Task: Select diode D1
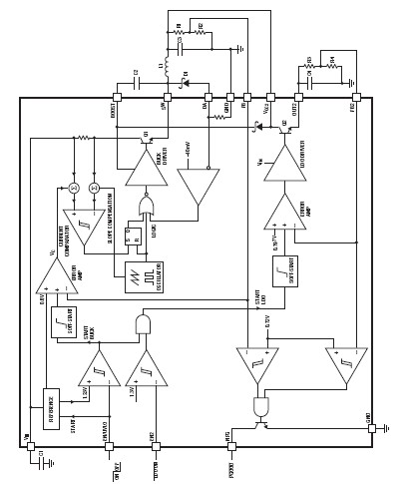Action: click(x=186, y=84)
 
